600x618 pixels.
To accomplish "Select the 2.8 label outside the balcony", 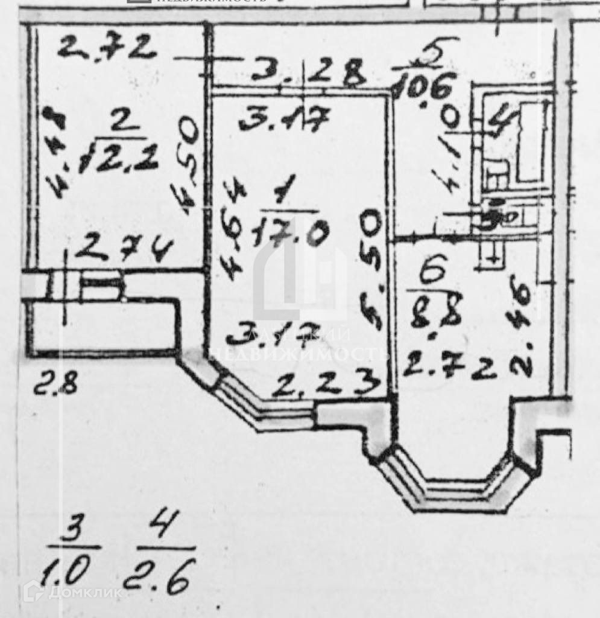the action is point(55,384).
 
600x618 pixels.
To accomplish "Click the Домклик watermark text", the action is point(78,593).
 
